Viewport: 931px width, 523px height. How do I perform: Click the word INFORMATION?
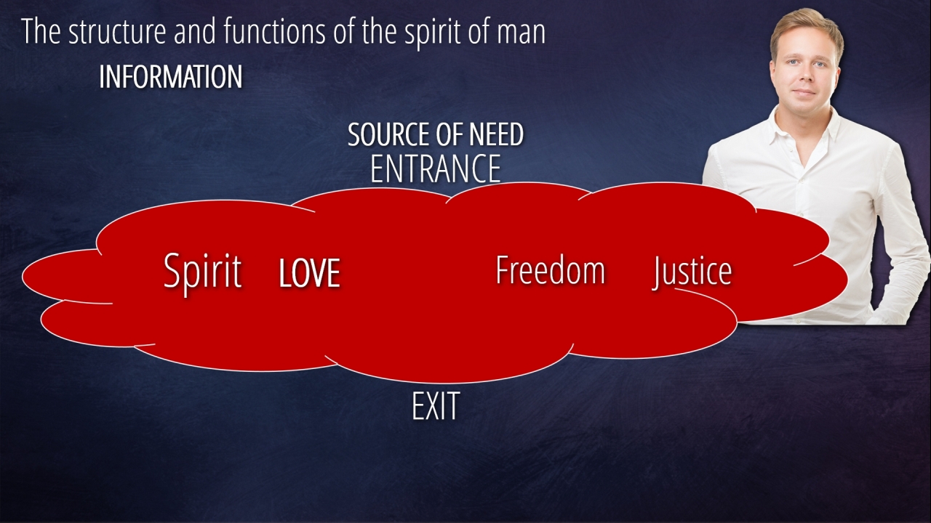pyautogui.click(x=171, y=77)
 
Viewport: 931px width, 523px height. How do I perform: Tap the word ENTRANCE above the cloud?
pyautogui.click(x=436, y=169)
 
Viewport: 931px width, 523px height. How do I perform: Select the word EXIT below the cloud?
pyautogui.click(x=436, y=405)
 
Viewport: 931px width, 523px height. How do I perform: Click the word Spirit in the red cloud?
pyautogui.click(x=202, y=272)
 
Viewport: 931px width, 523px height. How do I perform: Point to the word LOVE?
pyautogui.click(x=310, y=272)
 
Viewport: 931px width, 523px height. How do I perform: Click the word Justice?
pyautogui.click(x=692, y=272)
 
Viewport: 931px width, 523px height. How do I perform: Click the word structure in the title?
pyautogui.click(x=117, y=31)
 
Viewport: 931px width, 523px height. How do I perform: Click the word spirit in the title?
pyautogui.click(x=433, y=33)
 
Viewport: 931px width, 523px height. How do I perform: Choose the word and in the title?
pyautogui.click(x=194, y=31)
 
